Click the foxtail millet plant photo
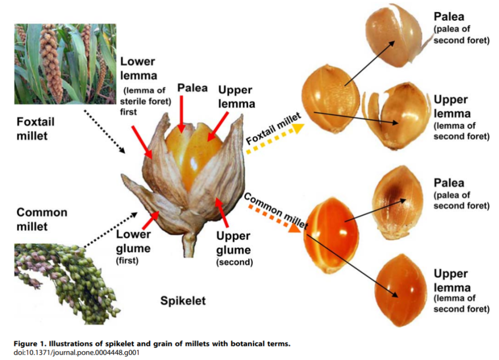(65, 63)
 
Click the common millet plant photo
(67, 284)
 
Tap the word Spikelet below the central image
(183, 301)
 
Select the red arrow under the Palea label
(181, 114)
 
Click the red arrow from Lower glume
(151, 220)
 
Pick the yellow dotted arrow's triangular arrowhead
(298, 128)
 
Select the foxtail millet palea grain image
(395, 36)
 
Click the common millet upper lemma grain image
(400, 290)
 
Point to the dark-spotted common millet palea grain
(398, 202)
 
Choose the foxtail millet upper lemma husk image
(396, 116)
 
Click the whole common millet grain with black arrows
(331, 235)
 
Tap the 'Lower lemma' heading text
(138, 69)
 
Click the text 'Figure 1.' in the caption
(30, 344)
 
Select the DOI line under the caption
(76, 353)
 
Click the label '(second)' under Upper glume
(234, 262)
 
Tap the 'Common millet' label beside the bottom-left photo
(42, 219)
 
